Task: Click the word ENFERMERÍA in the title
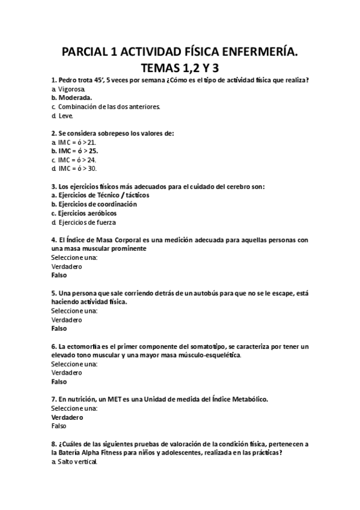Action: coord(252,54)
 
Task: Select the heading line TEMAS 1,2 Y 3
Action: coord(179,69)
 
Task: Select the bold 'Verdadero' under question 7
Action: coord(67,417)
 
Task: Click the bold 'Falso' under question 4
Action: coord(59,275)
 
